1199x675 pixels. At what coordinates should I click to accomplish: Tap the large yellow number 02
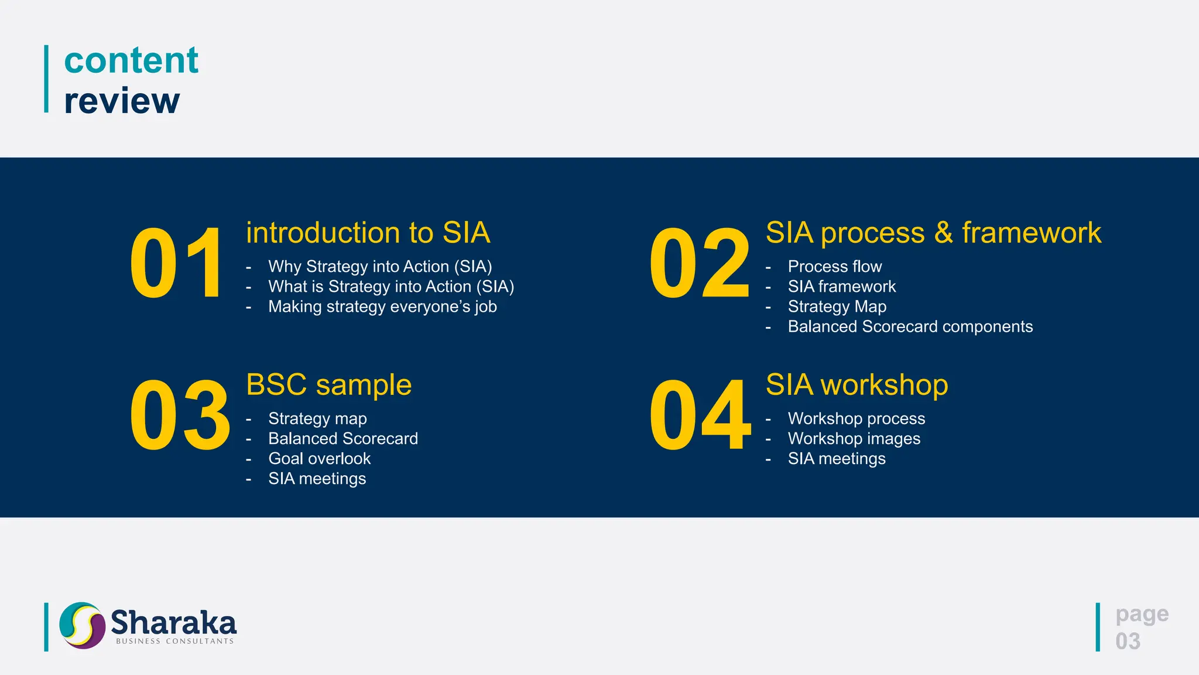699,264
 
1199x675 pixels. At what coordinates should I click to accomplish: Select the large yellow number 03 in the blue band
179,415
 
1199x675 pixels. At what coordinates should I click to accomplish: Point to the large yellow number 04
700,415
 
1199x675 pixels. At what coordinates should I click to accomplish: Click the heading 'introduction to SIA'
368,233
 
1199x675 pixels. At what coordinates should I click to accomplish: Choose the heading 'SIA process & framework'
933,233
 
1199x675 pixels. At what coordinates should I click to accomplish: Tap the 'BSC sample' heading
328,385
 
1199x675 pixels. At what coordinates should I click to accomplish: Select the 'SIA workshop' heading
857,385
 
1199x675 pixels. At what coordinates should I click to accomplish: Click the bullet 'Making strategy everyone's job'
382,306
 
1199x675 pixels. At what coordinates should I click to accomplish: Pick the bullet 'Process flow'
834,267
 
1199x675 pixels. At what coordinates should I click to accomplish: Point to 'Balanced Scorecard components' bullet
910,326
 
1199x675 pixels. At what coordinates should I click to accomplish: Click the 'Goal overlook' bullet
319,459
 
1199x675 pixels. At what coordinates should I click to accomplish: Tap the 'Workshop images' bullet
854,439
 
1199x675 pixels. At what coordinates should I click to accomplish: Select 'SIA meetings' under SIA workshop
836,459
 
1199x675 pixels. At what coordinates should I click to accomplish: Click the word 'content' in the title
131,60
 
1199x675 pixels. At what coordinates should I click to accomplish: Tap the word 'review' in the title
122,101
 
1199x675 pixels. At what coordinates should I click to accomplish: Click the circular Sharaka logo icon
82,625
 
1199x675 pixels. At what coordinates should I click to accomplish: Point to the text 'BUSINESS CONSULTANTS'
174,642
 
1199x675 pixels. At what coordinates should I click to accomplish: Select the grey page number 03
1128,641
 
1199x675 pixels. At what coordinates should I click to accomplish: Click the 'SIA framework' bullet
841,287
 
